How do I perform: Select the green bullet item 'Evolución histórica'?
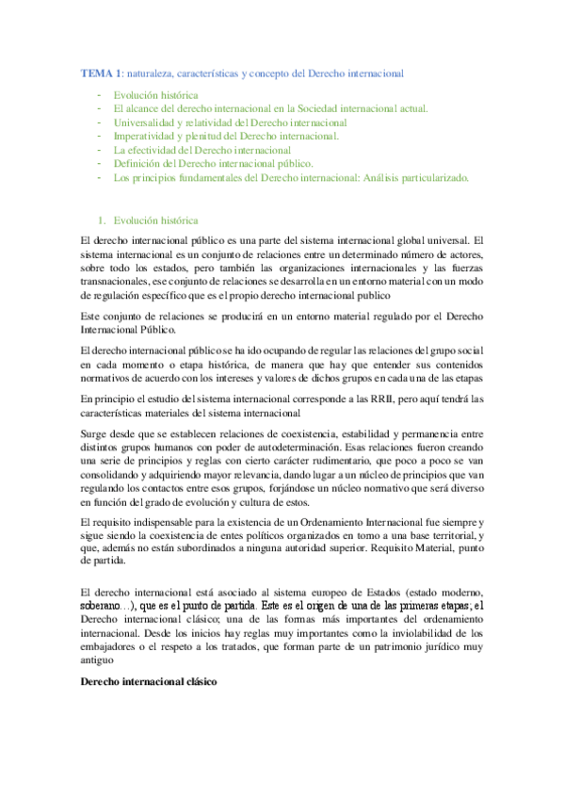tap(155, 95)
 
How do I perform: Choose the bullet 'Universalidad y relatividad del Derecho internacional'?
tap(231, 122)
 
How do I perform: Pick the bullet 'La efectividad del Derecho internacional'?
tap(202, 149)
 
